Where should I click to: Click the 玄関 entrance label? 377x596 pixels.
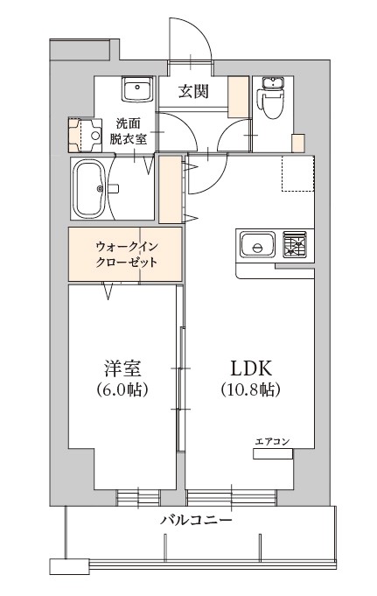click(193, 90)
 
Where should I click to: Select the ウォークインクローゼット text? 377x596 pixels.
click(126, 254)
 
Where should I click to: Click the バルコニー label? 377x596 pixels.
click(195, 520)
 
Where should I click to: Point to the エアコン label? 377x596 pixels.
click(272, 441)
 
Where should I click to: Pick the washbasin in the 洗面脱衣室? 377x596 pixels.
click(137, 88)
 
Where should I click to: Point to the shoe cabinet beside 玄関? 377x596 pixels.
click(236, 97)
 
